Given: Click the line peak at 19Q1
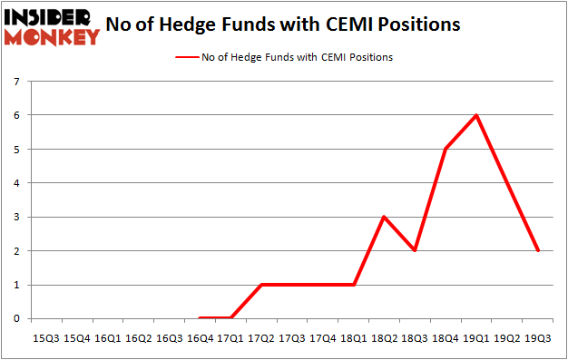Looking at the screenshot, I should click(476, 115).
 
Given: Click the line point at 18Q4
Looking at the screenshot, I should click(446, 149).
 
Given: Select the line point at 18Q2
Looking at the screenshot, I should click(384, 217).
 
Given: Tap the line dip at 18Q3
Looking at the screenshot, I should click(415, 250).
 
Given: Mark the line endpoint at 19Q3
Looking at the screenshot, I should click(538, 250).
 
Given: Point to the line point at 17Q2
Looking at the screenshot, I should click(261, 285).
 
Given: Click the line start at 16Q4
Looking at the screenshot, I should click(200, 318).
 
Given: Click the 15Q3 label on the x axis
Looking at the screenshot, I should click(46, 338).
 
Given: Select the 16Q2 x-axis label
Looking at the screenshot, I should click(138, 338).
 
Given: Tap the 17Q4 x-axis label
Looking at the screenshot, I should click(323, 338).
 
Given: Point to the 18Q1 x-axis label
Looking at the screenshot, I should click(354, 338).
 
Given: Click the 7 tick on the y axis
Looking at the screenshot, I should click(16, 82).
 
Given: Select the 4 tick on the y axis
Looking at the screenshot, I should click(16, 183).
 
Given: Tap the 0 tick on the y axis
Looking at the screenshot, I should click(16, 319).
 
